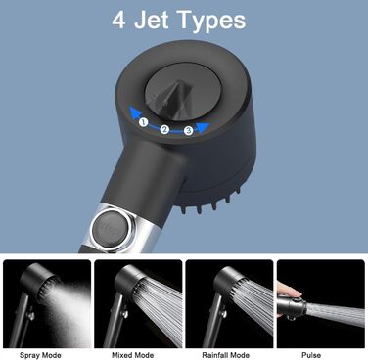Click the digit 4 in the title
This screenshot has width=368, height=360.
point(118,20)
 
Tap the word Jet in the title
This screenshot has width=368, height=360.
point(151,20)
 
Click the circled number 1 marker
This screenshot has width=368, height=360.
point(143,122)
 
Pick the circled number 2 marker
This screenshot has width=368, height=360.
point(164,129)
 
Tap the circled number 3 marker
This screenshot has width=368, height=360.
point(188,131)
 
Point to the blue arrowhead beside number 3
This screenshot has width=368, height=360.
point(203,127)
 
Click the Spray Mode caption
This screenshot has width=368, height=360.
point(40,355)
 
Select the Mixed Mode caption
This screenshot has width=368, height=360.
point(132,355)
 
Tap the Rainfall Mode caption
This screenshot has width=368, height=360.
point(225,355)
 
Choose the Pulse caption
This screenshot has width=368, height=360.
point(311,355)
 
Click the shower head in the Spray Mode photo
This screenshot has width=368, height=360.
point(37,283)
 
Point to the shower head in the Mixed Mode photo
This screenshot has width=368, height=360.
point(130,281)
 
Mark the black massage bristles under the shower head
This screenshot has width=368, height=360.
point(210,202)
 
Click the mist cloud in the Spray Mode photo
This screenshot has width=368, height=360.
point(70,313)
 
